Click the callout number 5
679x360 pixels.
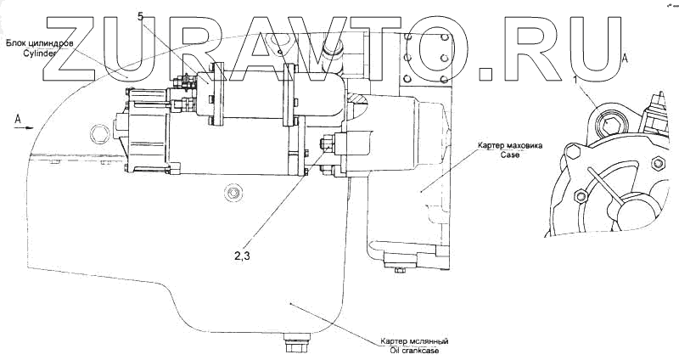(x=140, y=16)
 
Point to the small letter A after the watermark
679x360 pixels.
(x=626, y=58)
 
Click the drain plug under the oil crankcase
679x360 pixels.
(x=298, y=346)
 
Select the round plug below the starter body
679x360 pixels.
(x=230, y=194)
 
